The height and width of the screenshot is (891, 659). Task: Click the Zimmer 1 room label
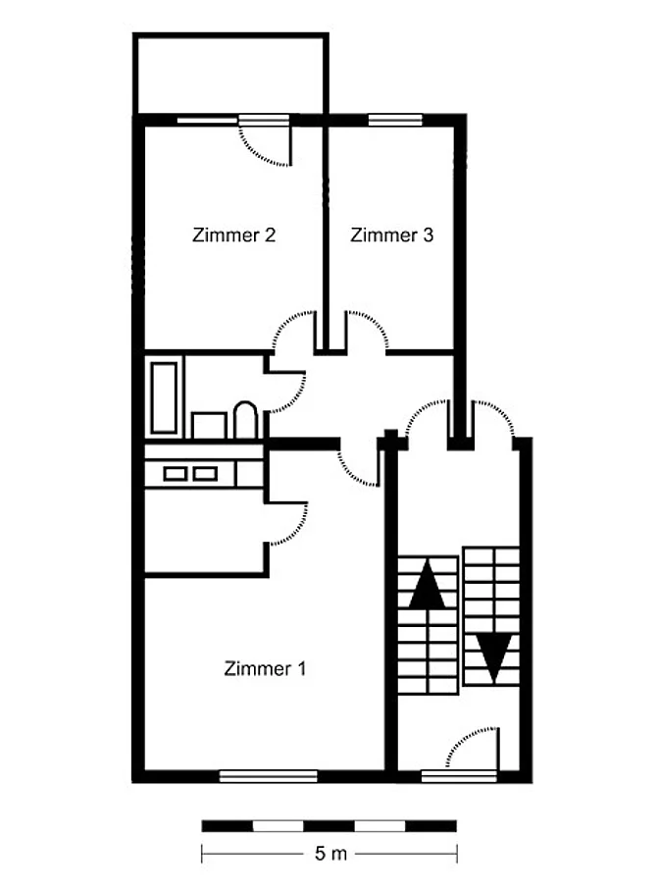pyautogui.click(x=265, y=668)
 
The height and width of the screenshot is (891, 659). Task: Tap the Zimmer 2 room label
pyautogui.click(x=233, y=235)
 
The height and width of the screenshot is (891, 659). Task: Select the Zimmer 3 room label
pyautogui.click(x=391, y=235)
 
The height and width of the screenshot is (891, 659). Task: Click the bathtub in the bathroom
pyautogui.click(x=164, y=397)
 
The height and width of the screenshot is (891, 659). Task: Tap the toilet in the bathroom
pyautogui.click(x=245, y=420)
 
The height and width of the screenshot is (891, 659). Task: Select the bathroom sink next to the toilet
pyautogui.click(x=209, y=425)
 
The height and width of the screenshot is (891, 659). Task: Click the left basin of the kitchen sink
pyautogui.click(x=175, y=473)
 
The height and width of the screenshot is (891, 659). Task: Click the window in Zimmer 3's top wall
pyautogui.click(x=395, y=120)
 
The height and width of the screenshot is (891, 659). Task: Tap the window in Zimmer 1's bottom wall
pyautogui.click(x=268, y=775)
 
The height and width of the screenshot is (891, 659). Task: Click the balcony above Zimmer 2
pyautogui.click(x=230, y=74)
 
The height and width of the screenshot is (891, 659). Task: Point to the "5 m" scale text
pyautogui.click(x=330, y=854)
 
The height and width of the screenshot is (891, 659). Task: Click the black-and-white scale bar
pyautogui.click(x=329, y=825)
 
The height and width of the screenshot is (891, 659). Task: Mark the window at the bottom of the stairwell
pyautogui.click(x=459, y=775)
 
